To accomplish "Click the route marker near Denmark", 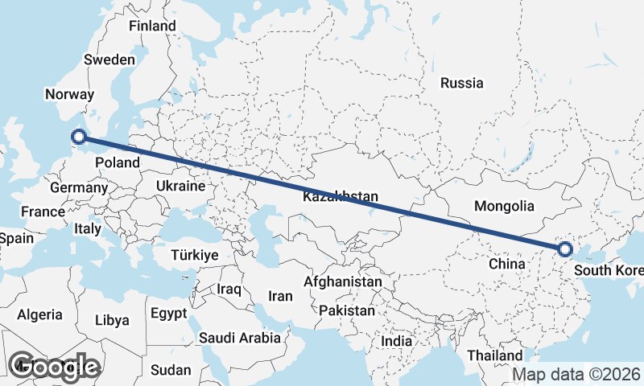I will (x=79, y=138).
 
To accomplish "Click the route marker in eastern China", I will (x=564, y=250).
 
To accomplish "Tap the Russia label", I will (x=462, y=83).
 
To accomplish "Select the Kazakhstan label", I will (x=341, y=197).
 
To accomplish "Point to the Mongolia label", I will (x=505, y=206).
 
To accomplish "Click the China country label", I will (x=507, y=264).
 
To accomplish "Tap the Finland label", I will (x=152, y=26).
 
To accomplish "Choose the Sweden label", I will (x=109, y=60).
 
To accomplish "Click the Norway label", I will (x=70, y=95).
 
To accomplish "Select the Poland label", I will (x=118, y=162).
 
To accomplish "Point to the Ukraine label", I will (x=180, y=186).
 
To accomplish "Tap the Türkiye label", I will (x=195, y=255).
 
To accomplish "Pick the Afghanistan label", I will (x=342, y=282).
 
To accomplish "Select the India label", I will (x=396, y=341).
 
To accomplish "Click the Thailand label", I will (x=494, y=355).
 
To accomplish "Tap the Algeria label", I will (x=39, y=314).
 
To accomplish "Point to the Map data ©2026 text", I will (x=577, y=374).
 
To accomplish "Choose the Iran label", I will (x=280, y=296).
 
